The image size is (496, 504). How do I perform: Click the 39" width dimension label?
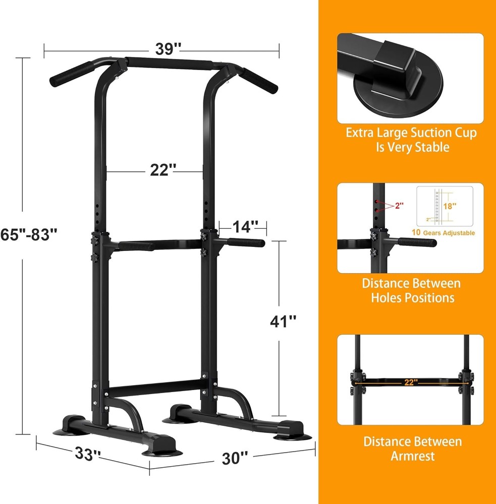click(168, 49)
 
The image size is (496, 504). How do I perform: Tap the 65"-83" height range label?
click(29, 234)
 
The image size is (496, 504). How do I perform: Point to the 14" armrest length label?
click(245, 227)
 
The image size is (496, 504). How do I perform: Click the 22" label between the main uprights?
click(162, 171)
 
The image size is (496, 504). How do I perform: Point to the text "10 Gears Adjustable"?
click(443, 233)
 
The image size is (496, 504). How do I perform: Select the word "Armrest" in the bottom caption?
click(412, 457)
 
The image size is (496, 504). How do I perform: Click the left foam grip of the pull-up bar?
click(70, 74)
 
